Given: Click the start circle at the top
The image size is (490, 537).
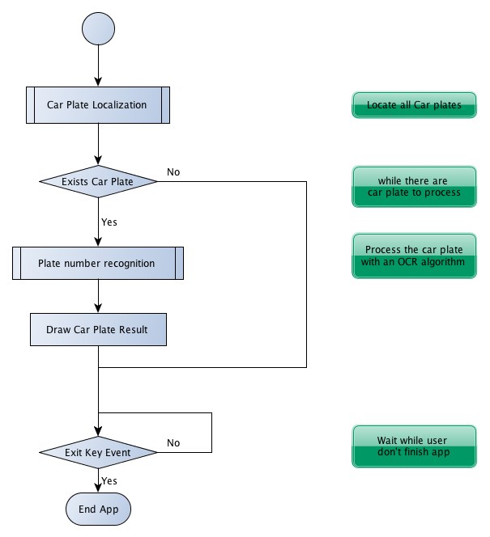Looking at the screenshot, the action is click(99, 28).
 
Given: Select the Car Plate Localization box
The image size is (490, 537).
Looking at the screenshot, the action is click(98, 105).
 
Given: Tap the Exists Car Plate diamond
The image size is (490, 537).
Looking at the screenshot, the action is click(99, 181).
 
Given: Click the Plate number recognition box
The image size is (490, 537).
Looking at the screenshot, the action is click(98, 263).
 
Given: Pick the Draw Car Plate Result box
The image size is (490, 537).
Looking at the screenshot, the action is click(99, 329).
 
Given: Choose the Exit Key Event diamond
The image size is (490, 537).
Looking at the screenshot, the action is click(99, 452).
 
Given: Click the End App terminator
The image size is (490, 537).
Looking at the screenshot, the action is click(99, 509).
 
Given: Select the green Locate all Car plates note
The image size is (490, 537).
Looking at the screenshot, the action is click(414, 105).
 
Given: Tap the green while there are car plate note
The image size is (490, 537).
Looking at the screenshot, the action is click(414, 187).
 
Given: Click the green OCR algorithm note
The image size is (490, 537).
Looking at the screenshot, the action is click(414, 256).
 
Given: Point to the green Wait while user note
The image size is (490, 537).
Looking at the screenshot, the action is click(414, 446).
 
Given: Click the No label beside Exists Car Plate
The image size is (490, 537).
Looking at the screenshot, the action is click(173, 172).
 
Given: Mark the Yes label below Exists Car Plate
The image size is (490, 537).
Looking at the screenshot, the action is click(109, 222).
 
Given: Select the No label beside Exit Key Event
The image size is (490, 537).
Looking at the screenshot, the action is click(173, 443).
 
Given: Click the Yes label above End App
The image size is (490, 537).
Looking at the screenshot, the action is click(109, 481).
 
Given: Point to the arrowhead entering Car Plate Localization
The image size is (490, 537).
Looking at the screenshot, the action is click(99, 82).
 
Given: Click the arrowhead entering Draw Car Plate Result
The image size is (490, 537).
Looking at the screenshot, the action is click(99, 308).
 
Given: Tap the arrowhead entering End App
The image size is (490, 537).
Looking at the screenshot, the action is click(99, 488).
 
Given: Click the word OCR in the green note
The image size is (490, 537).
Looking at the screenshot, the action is click(407, 262).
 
